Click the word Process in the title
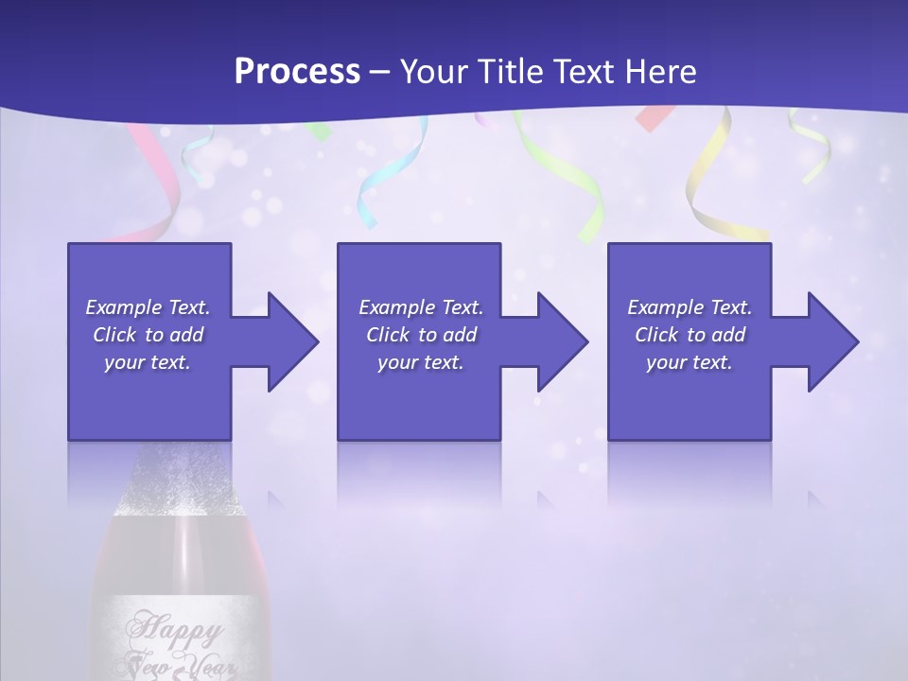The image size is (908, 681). (297, 71)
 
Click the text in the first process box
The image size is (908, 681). (148, 335)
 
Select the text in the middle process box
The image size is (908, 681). (420, 335)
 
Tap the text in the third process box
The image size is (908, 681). (690, 335)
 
